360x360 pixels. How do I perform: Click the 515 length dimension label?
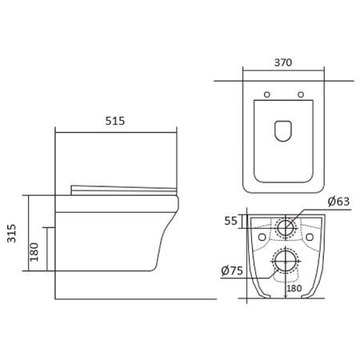coord(115,121)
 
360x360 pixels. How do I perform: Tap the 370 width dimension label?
coord(283,62)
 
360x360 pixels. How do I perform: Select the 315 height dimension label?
coord(12,234)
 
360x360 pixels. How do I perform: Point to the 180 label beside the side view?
coord(34,252)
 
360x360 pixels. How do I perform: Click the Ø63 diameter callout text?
coord(338,202)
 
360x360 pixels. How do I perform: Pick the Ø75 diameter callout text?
coord(232,270)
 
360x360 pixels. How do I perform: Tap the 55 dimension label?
coord(230,221)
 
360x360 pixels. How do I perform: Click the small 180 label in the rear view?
coord(294,288)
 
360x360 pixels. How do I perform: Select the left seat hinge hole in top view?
coord(267,94)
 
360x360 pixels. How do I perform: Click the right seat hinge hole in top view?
coord(301,94)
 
